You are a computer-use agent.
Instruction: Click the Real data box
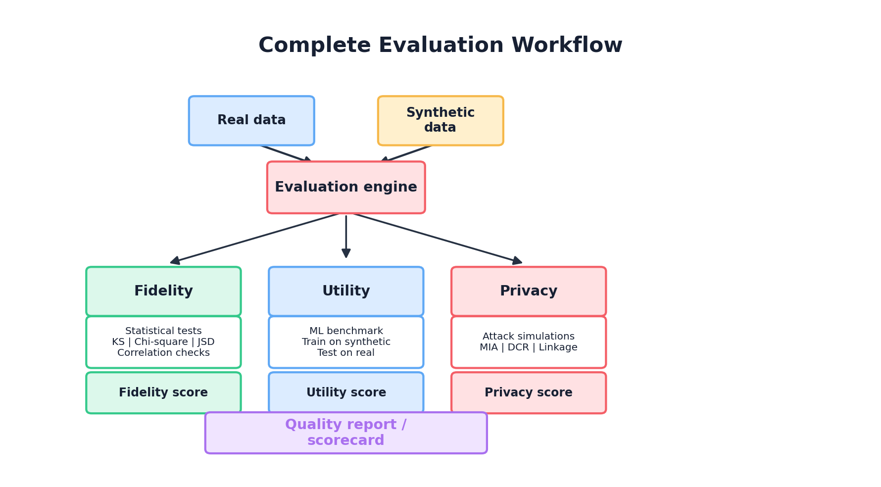pyautogui.click(x=251, y=121)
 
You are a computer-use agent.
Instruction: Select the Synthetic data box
pyautogui.click(x=440, y=121)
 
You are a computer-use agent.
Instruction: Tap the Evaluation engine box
pyautogui.click(x=346, y=188)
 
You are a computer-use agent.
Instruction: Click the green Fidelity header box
pyautogui.click(x=163, y=292)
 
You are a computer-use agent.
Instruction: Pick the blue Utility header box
pyautogui.click(x=346, y=292)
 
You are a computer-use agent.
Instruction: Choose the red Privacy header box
pyautogui.click(x=529, y=292)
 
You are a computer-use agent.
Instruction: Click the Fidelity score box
pyautogui.click(x=163, y=393)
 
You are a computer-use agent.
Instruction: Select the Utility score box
pyautogui.click(x=346, y=393)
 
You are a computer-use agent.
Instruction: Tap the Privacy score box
pyautogui.click(x=529, y=393)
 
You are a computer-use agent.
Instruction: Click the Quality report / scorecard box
pyautogui.click(x=346, y=433)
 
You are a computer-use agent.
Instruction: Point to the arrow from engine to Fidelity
pyautogui.click(x=255, y=238)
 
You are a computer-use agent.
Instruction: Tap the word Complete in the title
pyautogui.click(x=314, y=46)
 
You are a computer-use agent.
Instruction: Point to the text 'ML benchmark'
pyautogui.click(x=346, y=331)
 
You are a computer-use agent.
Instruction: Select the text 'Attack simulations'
pyautogui.click(x=529, y=337)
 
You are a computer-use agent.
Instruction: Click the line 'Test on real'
pyautogui.click(x=346, y=353)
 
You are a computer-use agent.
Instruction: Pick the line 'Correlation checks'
pyautogui.click(x=163, y=353)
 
